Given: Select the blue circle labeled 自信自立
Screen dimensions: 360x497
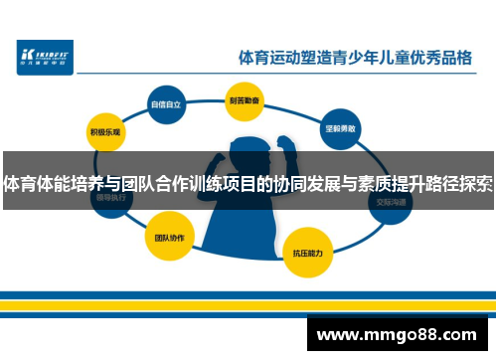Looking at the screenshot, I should point(165,102).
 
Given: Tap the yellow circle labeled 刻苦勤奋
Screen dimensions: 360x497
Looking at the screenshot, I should point(243,100).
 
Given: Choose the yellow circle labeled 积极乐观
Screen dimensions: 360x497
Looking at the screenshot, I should point(104,131).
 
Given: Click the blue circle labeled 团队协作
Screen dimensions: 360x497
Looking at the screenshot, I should point(164,240).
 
